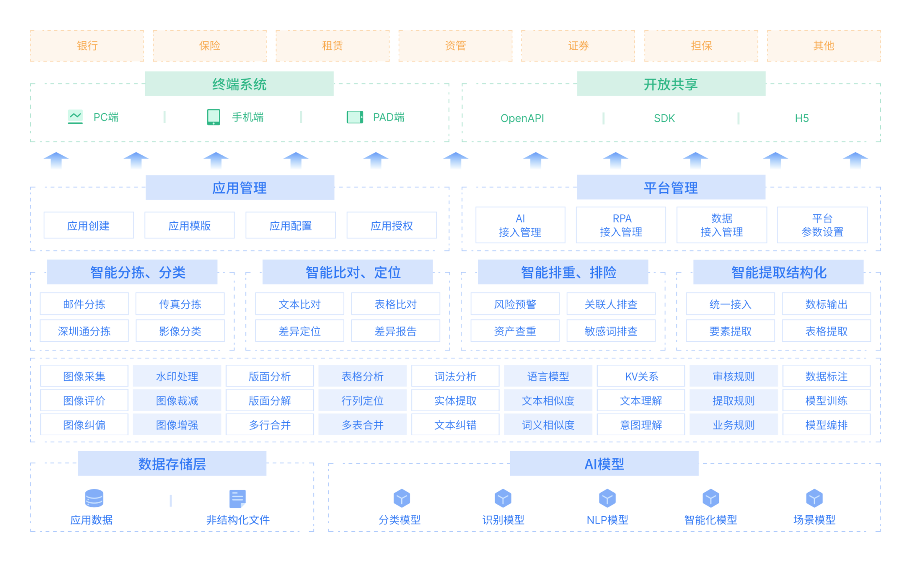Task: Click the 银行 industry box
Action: point(87,46)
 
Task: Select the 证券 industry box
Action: point(578,46)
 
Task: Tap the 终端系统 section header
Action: point(239,84)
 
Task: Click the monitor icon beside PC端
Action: point(75,117)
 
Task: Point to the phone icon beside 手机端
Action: point(214,117)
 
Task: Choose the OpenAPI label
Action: point(522,118)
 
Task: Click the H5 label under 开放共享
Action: point(802,118)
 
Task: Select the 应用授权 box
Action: point(392,226)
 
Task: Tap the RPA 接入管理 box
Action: point(621,225)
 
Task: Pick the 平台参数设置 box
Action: point(822,225)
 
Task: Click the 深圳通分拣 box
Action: point(84,331)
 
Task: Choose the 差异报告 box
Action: point(395,331)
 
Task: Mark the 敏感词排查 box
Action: point(611,331)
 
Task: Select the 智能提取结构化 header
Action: point(778,272)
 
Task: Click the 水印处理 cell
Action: point(177,376)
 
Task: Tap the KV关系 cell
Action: point(641,376)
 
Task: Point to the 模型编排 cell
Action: point(826,425)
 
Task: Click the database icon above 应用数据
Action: point(94,498)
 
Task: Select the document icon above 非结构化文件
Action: point(238,499)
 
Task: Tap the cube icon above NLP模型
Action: point(607,498)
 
